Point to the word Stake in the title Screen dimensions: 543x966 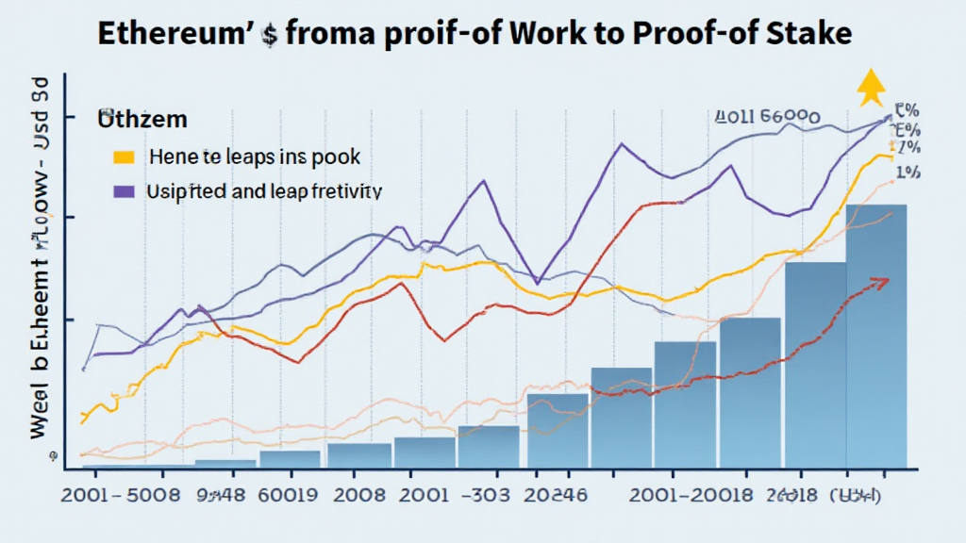coord(808,35)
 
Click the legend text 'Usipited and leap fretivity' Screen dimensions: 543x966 coord(264,190)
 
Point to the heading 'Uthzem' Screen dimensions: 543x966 coord(141,121)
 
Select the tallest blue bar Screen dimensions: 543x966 coord(876,335)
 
